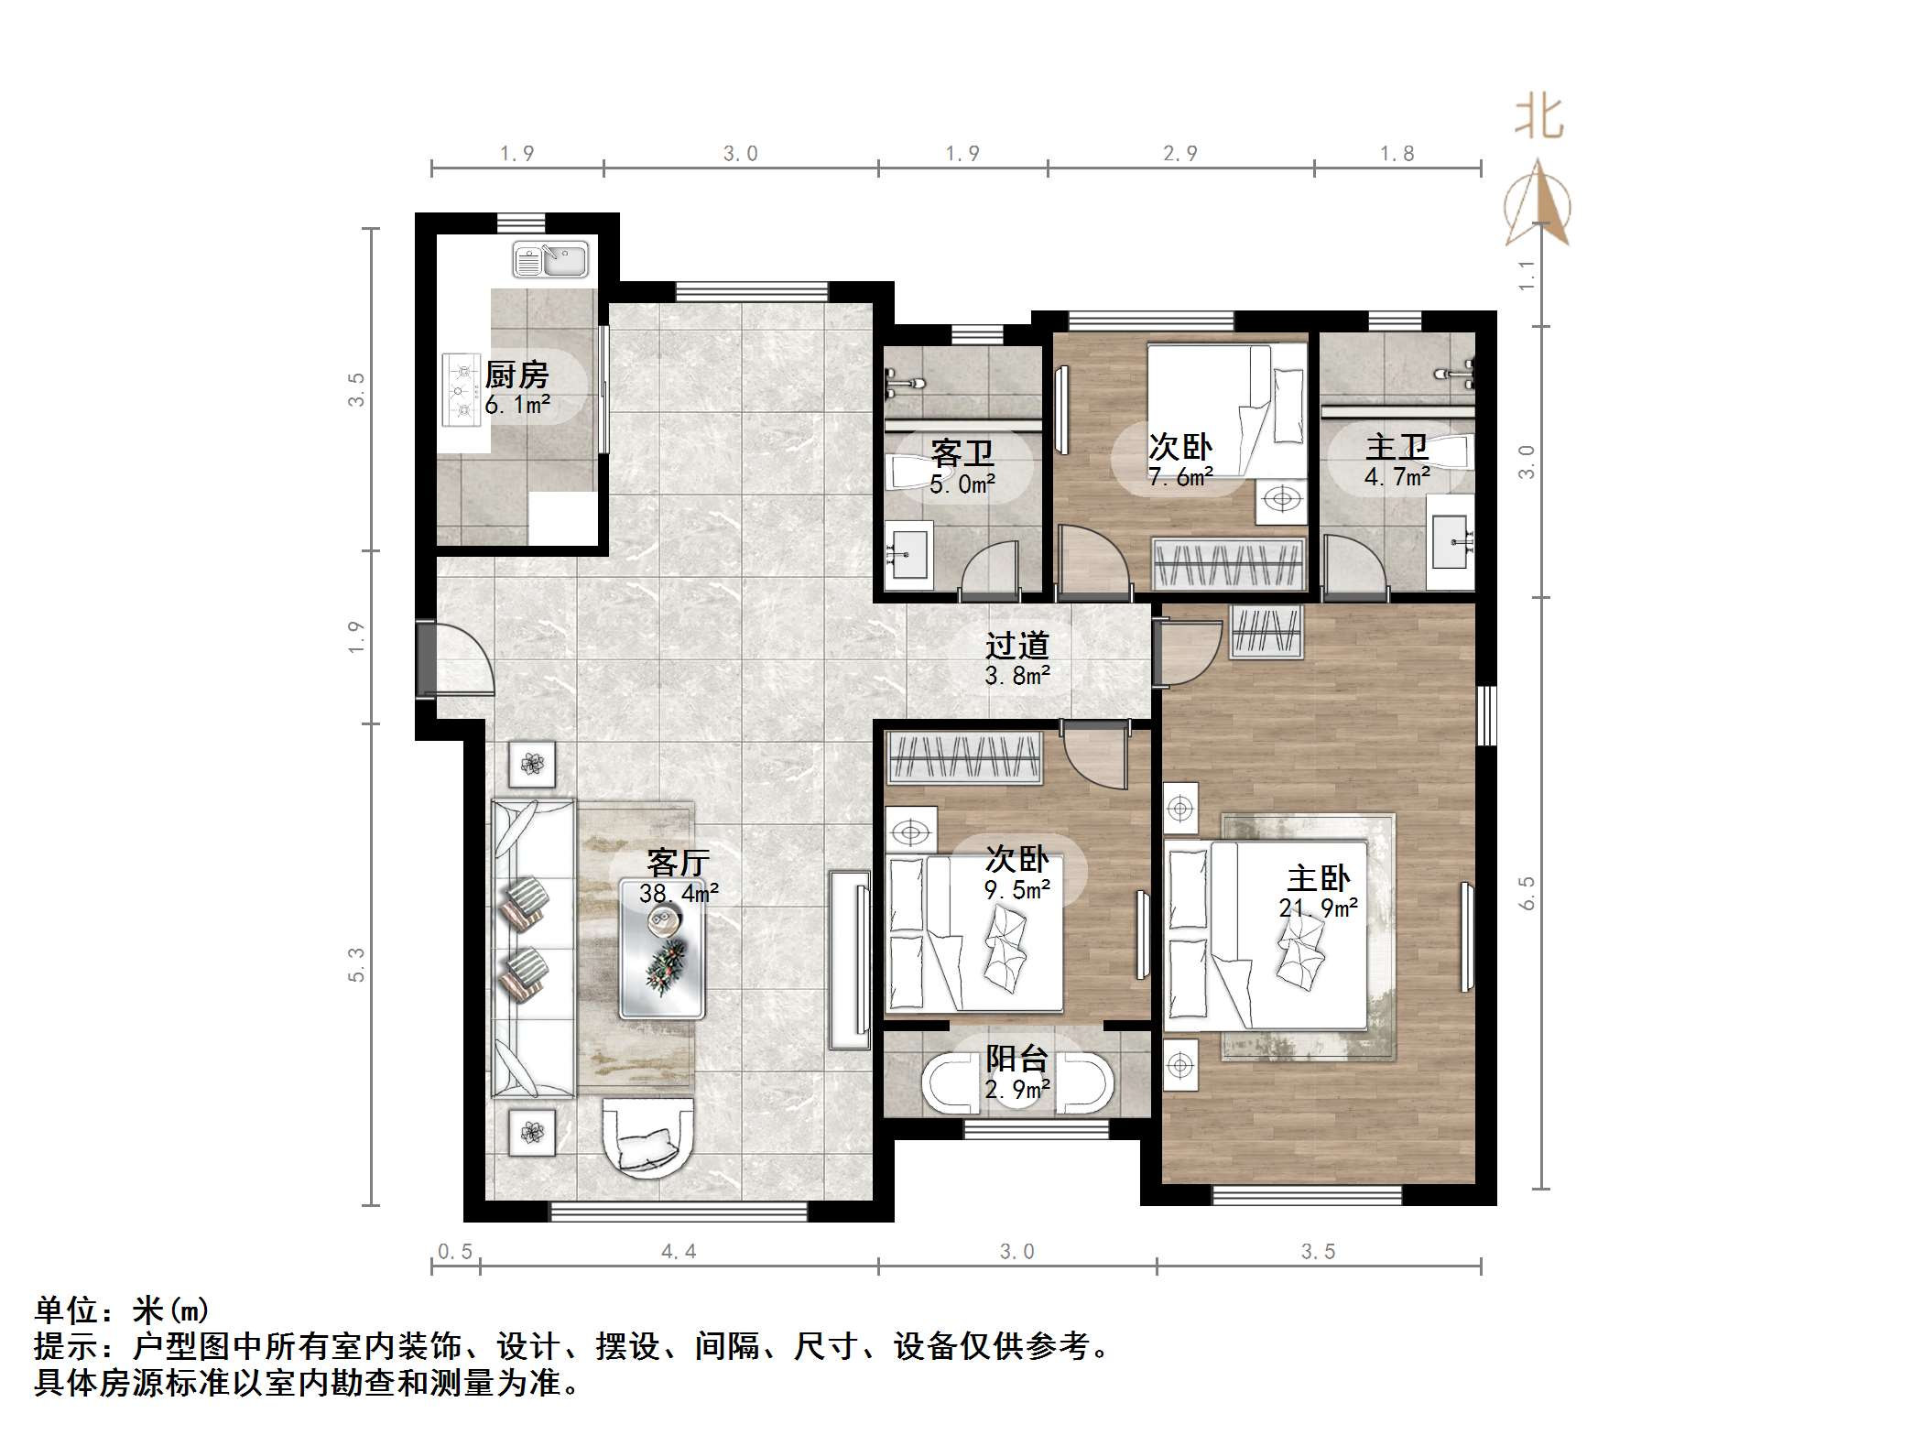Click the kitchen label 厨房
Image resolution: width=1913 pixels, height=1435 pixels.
point(516,375)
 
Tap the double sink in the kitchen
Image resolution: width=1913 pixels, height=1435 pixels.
point(550,259)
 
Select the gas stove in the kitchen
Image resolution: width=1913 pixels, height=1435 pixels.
point(462,391)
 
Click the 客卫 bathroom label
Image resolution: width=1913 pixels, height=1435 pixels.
point(962,452)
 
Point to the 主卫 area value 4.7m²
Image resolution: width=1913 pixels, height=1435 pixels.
point(1397,477)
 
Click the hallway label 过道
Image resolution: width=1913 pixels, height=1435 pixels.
point(1016,646)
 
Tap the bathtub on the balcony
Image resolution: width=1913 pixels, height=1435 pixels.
point(1017,1086)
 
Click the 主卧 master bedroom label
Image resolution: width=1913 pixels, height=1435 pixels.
point(1318,878)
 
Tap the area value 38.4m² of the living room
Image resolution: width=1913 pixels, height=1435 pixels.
point(678,893)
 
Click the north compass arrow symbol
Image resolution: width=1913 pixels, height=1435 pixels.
point(1538,205)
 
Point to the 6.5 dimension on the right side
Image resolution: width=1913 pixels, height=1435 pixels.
point(1527,893)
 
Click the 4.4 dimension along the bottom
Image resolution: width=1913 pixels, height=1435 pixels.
point(679,1252)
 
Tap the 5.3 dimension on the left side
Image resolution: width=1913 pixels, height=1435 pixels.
point(356,965)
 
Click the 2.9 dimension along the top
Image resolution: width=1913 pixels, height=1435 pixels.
point(1179,154)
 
